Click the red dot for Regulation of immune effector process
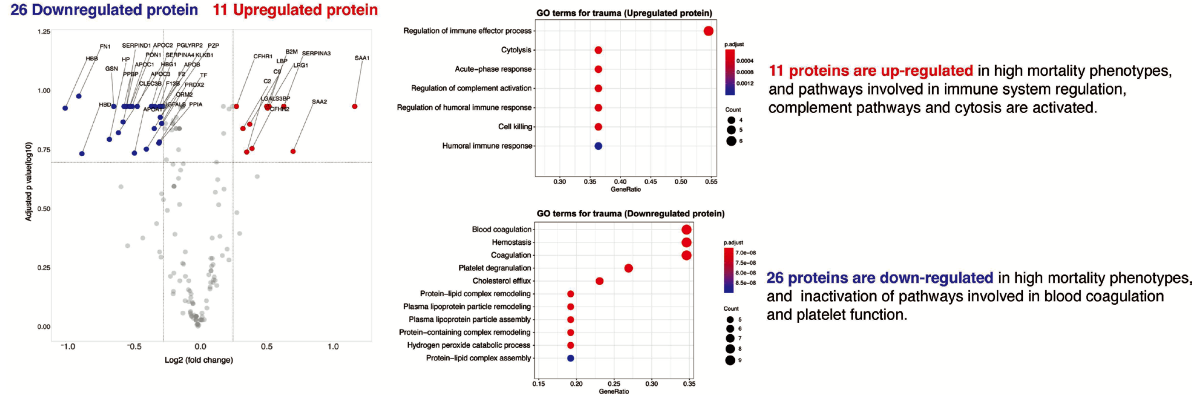(x=708, y=31)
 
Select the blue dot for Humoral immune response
(x=598, y=146)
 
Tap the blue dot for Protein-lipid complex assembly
(x=570, y=358)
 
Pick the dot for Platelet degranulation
(x=628, y=269)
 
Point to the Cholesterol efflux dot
(x=599, y=281)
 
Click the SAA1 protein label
(x=361, y=58)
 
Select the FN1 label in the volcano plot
(x=105, y=46)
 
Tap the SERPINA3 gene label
(x=316, y=54)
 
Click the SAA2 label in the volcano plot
(x=319, y=102)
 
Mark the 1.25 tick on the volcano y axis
(x=44, y=32)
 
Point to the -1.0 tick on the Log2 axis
(x=68, y=347)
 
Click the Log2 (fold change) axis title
(x=199, y=360)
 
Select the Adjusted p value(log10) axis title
(x=29, y=181)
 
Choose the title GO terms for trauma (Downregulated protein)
(x=630, y=214)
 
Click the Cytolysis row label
(x=516, y=50)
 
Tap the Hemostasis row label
(x=511, y=242)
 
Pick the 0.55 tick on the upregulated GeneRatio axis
(x=711, y=182)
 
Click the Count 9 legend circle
(x=730, y=360)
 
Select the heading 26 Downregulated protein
(x=104, y=10)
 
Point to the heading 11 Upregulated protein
(x=295, y=10)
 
